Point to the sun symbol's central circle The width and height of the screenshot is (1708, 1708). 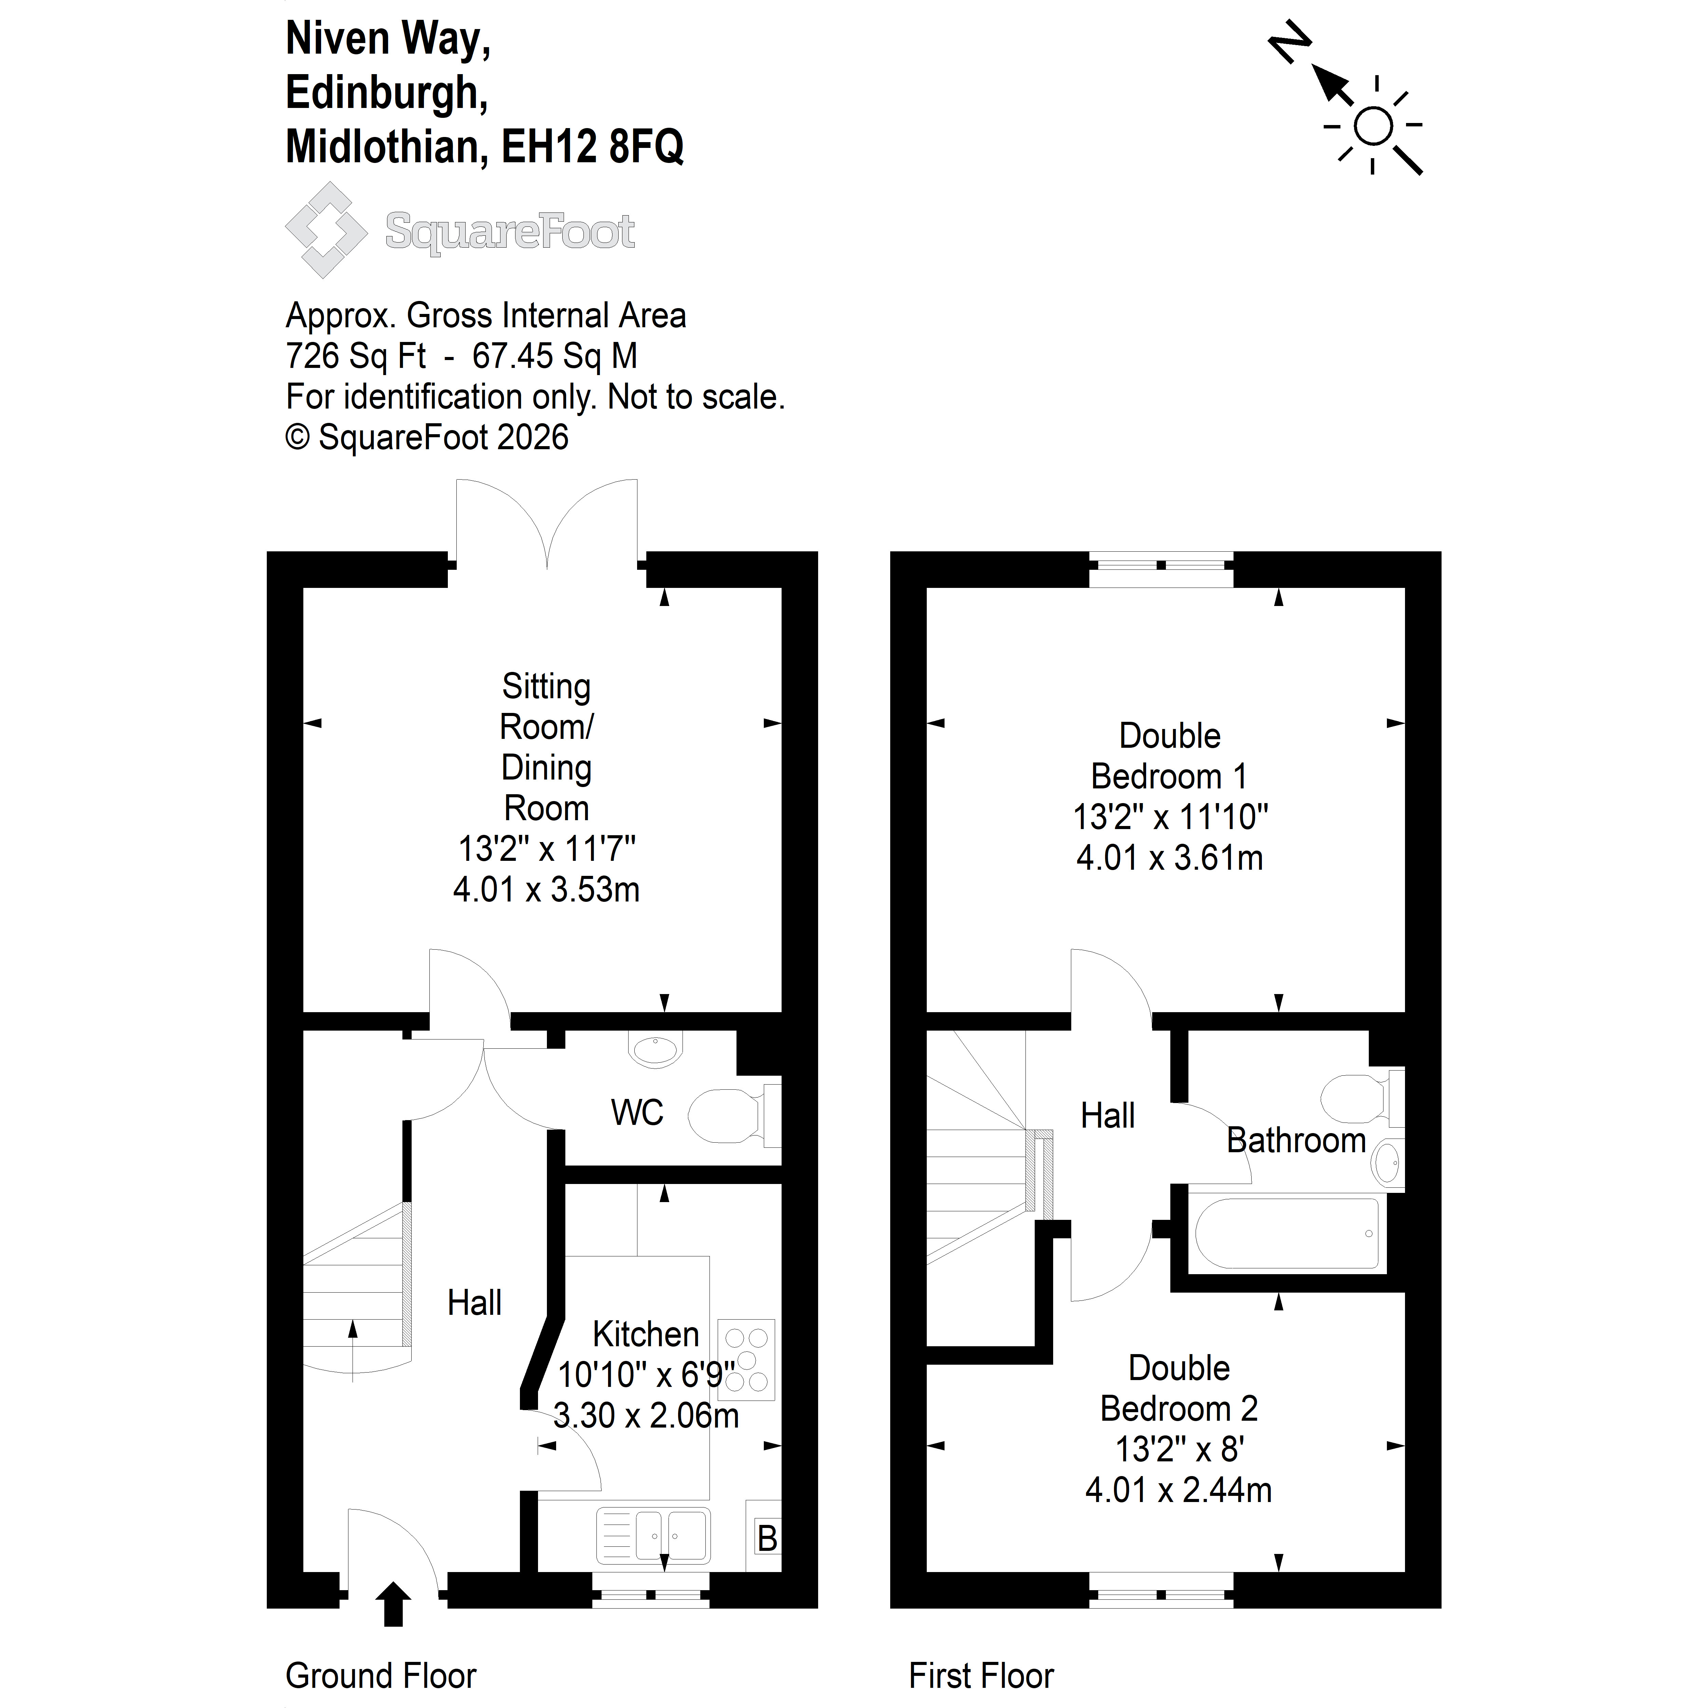pos(1373,125)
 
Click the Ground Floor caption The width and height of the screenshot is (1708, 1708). pos(381,1675)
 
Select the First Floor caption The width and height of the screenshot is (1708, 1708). pos(981,1675)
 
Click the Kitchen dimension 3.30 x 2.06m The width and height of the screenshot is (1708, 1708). pos(646,1415)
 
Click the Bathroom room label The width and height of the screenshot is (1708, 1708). pos(1296,1141)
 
